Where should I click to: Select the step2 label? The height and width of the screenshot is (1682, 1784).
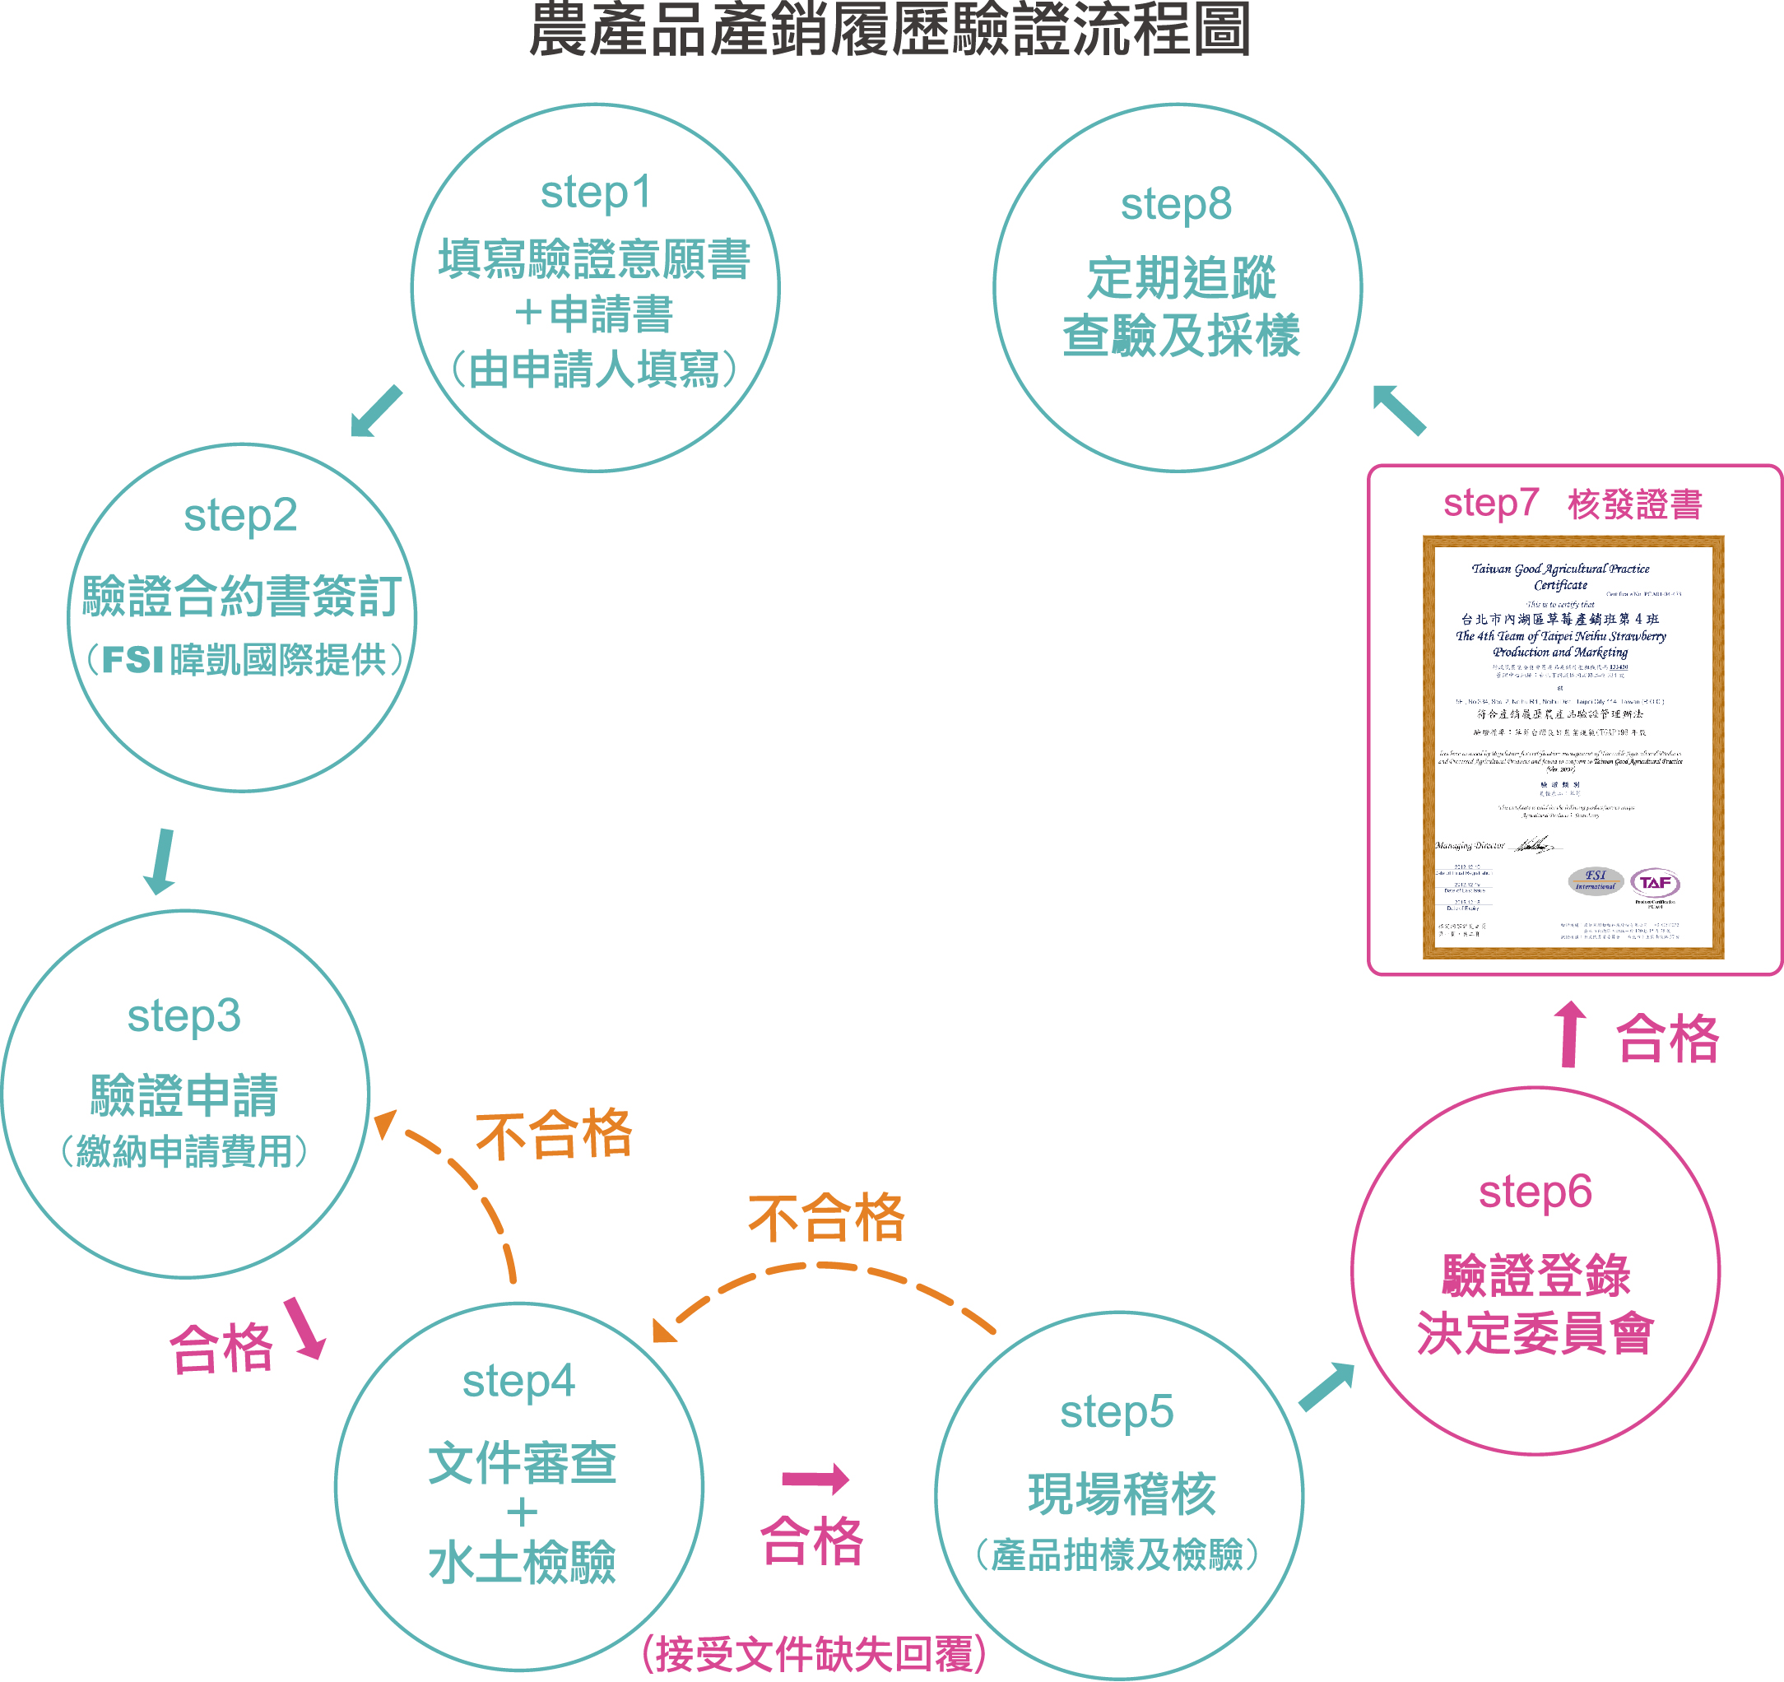click(239, 516)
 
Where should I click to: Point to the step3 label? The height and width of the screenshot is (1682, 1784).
click(184, 1016)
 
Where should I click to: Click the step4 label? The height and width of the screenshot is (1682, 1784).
click(518, 1382)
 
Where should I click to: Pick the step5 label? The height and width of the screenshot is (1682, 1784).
click(1117, 1412)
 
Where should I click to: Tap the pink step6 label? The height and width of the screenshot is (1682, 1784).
click(1535, 1192)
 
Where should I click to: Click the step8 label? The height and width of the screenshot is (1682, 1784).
click(1176, 205)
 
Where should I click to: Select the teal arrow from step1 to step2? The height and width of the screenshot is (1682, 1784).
click(375, 411)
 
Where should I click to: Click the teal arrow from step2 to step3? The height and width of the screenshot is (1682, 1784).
click(161, 861)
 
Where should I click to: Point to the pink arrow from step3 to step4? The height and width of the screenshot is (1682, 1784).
click(305, 1329)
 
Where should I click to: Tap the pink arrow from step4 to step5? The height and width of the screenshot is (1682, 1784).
click(815, 1479)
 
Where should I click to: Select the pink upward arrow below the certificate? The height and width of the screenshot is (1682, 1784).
click(1569, 1034)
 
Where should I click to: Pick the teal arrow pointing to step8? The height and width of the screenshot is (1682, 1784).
click(1399, 409)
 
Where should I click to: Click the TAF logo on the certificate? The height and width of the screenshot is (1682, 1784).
click(1654, 883)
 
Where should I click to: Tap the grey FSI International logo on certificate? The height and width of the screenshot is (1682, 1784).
click(1595, 880)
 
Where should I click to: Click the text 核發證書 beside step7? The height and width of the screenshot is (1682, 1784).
click(1635, 504)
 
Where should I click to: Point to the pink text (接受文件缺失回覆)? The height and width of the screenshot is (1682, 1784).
click(815, 1653)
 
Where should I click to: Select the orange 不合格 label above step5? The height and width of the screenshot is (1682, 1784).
click(826, 1219)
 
